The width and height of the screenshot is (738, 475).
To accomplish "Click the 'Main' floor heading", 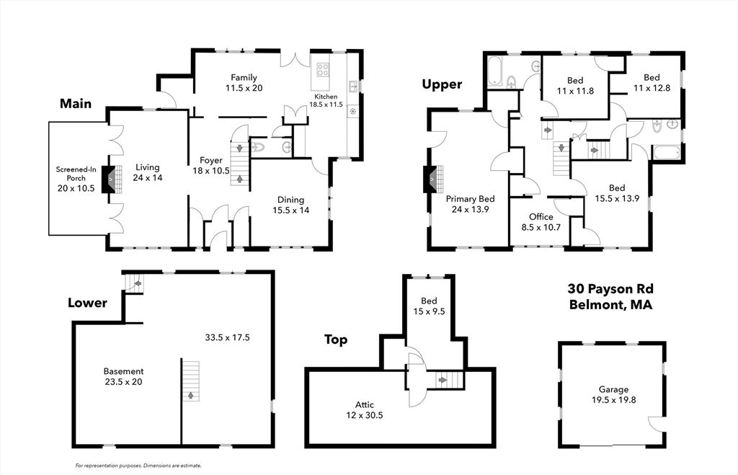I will point(75,104).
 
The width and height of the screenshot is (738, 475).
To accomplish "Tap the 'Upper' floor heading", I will point(441,84).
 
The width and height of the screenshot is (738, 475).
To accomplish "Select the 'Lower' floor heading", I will point(87,303).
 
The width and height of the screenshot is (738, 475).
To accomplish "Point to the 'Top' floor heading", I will point(336,339).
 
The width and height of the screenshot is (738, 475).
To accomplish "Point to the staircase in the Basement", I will point(190,381).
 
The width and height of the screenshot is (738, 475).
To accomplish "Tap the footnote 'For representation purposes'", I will point(138,466).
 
